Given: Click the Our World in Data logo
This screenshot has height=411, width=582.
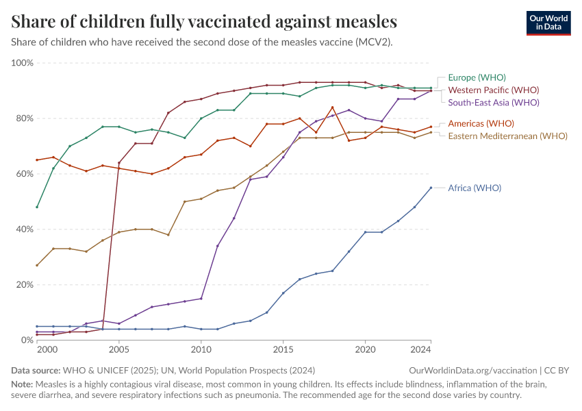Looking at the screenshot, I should coord(548,23).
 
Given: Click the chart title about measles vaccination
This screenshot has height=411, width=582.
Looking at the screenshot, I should coord(204,21).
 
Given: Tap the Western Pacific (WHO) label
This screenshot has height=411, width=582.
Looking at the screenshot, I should coord(493,90).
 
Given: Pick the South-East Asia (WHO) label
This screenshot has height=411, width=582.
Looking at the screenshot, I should coord(494,102).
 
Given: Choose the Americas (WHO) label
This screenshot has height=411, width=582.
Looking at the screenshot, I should coord(481,123).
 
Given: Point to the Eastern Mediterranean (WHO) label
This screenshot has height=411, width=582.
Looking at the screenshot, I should coord(507,136).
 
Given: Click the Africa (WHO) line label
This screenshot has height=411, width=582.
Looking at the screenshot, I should coord(475,188).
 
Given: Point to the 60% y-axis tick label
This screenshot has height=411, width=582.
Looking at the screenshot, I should coord(25,174).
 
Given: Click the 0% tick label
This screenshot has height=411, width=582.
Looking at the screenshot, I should coord(27,340).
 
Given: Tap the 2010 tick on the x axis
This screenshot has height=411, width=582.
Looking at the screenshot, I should coord(201,350).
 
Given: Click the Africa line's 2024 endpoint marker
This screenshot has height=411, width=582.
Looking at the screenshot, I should coord(431,188).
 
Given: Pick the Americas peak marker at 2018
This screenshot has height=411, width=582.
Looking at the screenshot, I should coord(332,107).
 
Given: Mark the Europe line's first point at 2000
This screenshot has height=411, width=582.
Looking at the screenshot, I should coord(37,207).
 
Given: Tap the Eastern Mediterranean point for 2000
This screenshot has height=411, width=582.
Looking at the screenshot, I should coord(37,265).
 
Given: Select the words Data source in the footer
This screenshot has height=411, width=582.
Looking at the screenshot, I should coord(36,370).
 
